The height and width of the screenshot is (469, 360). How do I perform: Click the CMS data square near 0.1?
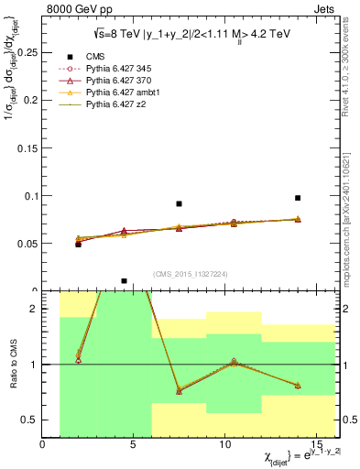point(298,198)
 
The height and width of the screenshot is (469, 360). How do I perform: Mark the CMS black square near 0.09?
point(179,204)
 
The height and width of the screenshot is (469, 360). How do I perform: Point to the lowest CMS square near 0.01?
point(124,281)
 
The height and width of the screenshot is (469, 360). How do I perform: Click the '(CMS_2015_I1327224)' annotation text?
point(191,273)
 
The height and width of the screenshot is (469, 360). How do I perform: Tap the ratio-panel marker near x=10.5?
point(234,362)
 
